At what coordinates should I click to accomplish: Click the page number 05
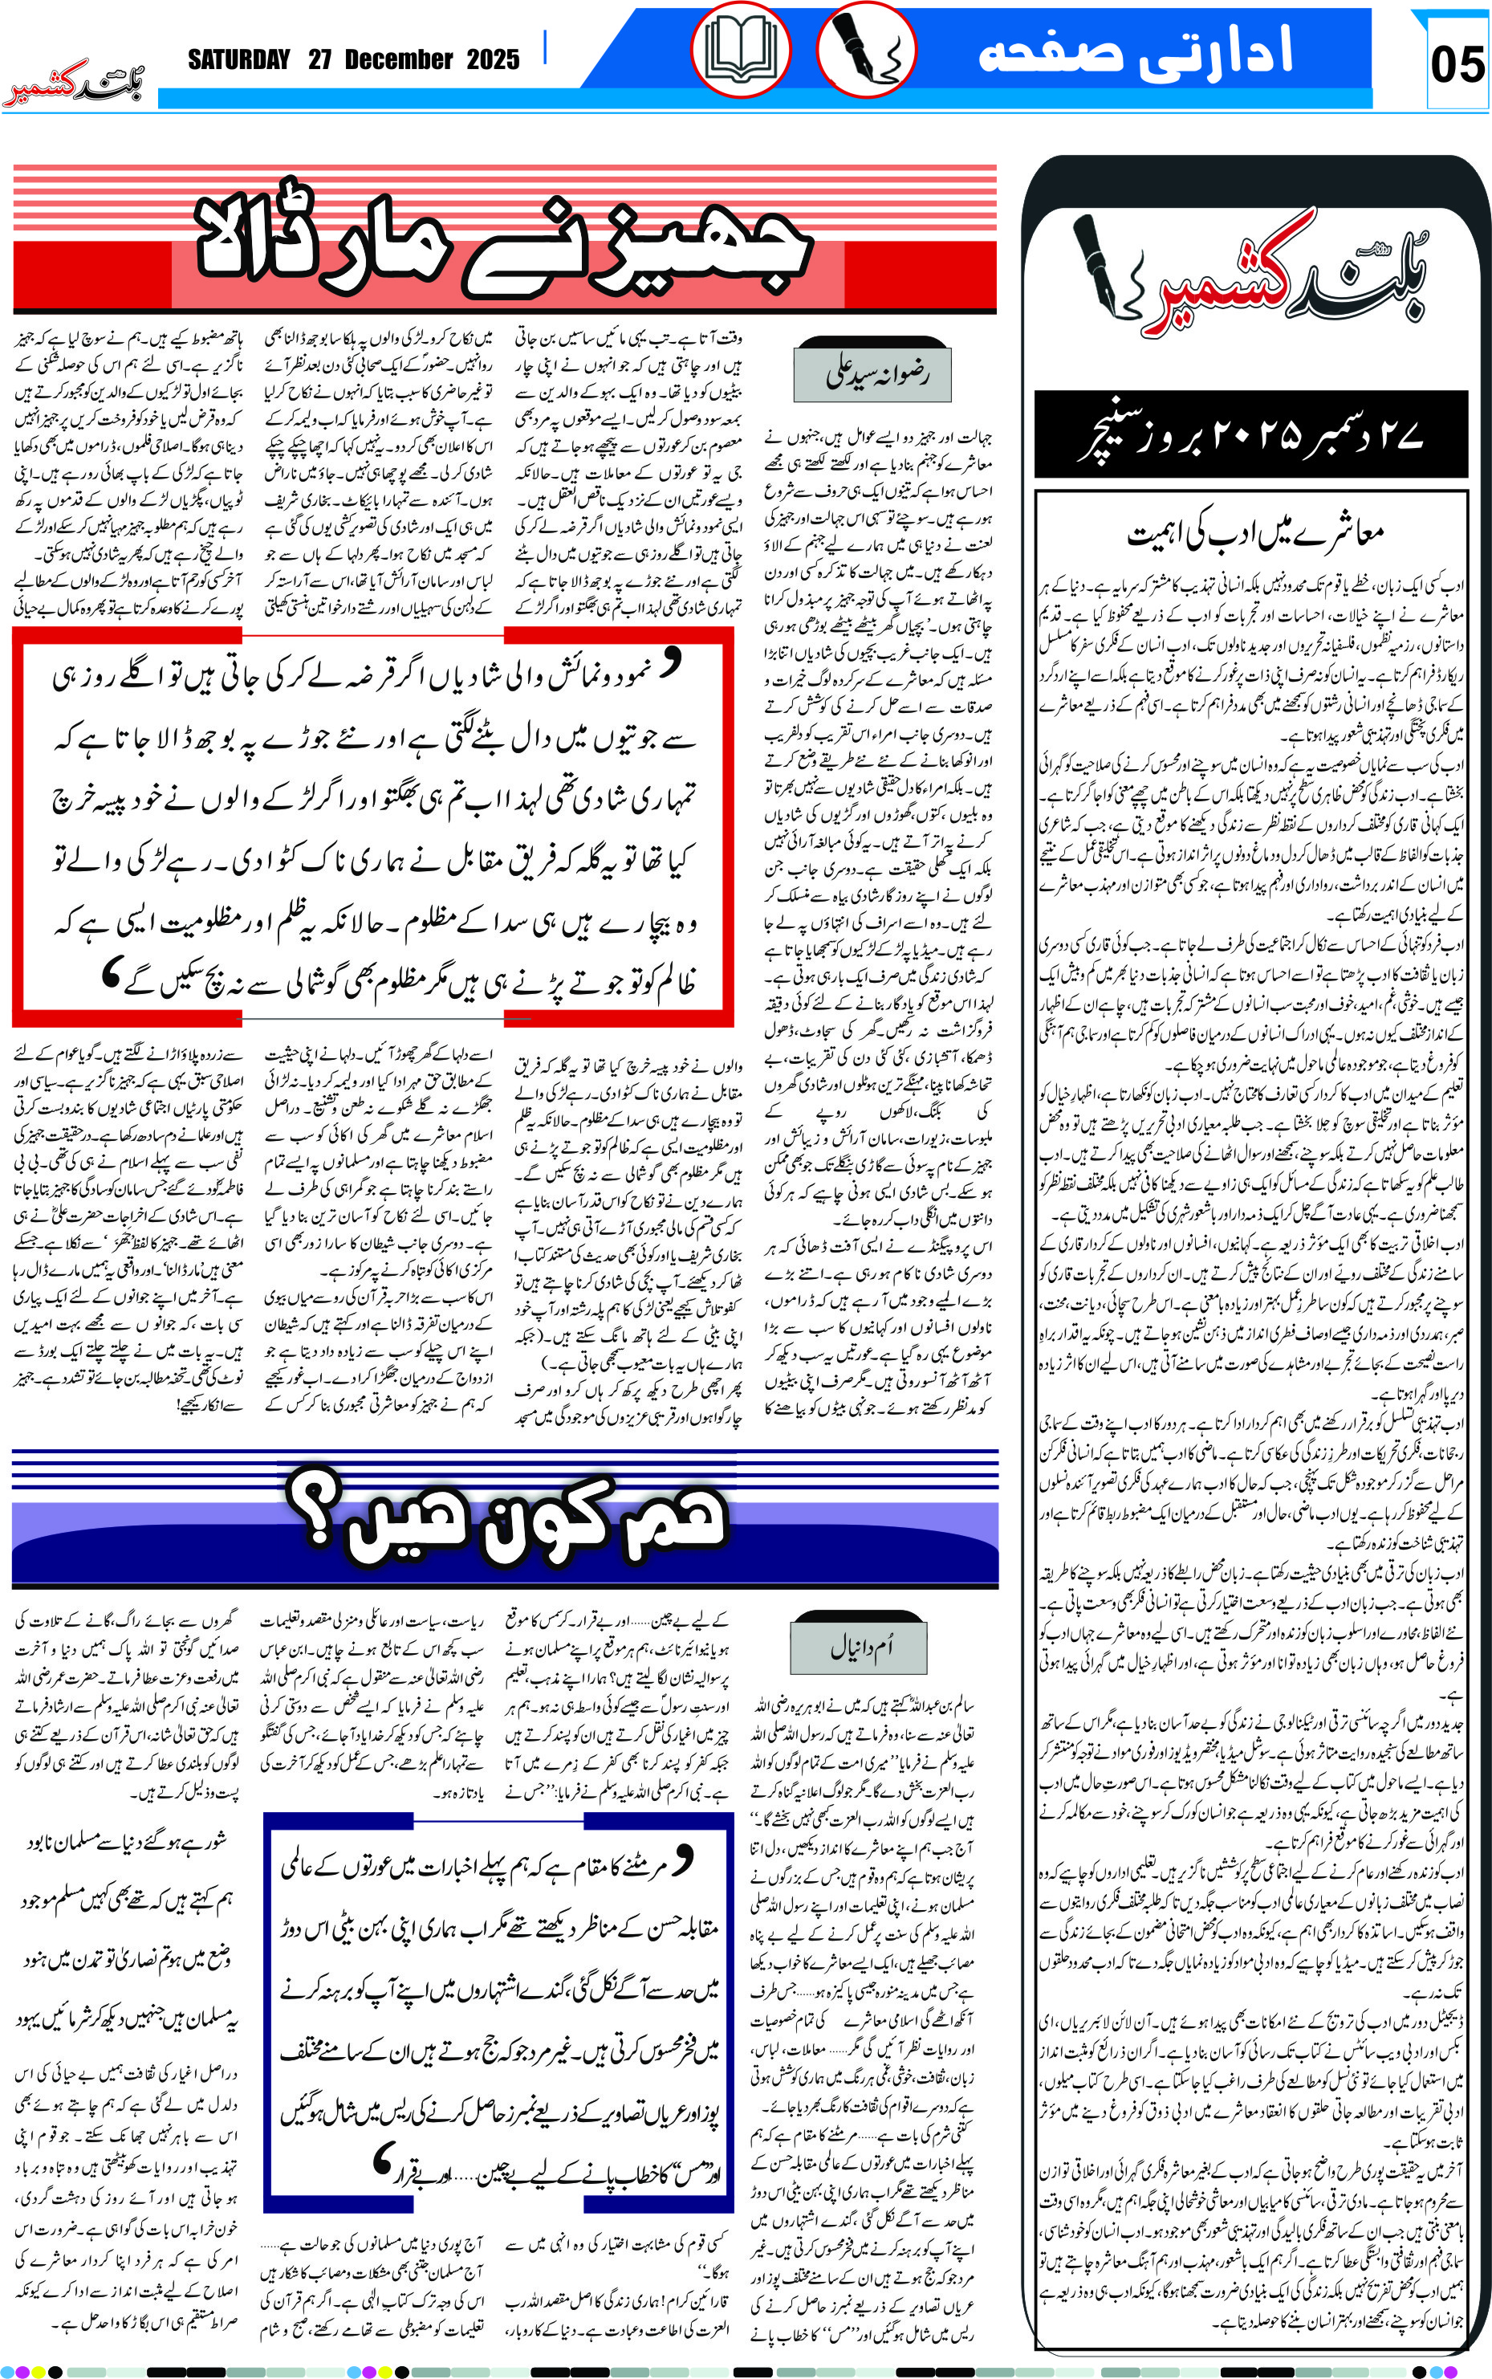(1457, 65)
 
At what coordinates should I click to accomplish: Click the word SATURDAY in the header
(239, 60)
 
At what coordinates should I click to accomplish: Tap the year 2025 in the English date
(493, 60)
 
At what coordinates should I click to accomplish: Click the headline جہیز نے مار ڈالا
(503, 242)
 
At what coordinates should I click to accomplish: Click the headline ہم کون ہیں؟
(506, 1520)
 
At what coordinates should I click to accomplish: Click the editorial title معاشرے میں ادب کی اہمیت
(1256, 534)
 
